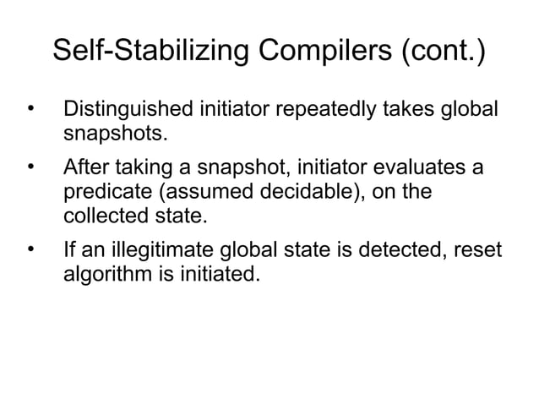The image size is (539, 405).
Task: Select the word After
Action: pos(86,169)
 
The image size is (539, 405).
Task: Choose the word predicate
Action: pos(109,192)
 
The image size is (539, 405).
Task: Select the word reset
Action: pos(477,251)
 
